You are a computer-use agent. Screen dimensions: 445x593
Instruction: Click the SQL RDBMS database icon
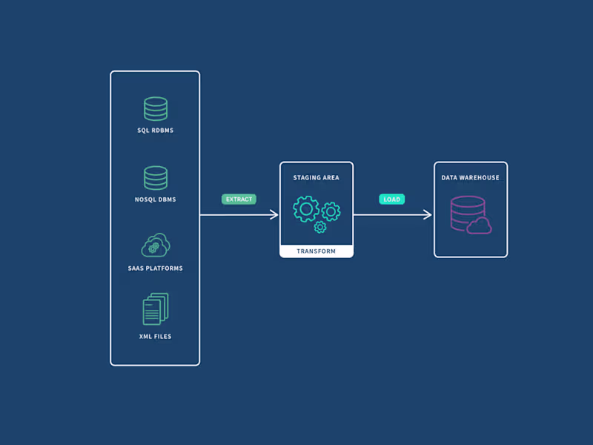[156, 109]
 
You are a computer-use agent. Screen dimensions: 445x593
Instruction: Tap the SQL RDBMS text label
[156, 131]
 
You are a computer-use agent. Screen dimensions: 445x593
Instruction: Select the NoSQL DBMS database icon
[156, 178]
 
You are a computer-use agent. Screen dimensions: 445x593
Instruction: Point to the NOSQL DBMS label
[156, 200]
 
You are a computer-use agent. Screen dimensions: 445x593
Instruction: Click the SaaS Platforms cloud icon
[156, 245]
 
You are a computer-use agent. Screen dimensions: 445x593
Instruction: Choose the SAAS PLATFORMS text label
[156, 268]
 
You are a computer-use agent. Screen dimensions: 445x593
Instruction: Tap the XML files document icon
[156, 309]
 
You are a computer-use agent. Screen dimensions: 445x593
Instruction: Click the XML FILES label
[156, 336]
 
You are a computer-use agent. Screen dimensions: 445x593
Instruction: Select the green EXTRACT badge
[239, 199]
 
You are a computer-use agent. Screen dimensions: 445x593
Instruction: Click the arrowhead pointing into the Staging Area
[274, 214]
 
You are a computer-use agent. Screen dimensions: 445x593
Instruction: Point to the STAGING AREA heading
[317, 178]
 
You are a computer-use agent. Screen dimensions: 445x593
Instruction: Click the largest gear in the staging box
[306, 209]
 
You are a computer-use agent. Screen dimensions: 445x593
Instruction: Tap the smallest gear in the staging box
[320, 227]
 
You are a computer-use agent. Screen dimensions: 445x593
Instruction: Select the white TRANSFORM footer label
[317, 251]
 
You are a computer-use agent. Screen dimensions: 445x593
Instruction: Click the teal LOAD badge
[392, 199]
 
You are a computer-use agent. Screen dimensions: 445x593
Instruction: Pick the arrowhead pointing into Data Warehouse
[428, 214]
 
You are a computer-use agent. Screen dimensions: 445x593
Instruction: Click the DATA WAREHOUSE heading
[471, 178]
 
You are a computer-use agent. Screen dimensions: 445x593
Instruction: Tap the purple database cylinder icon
[467, 212]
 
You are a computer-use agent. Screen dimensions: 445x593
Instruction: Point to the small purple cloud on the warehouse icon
[480, 225]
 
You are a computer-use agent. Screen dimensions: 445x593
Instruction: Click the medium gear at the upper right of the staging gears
[331, 211]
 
